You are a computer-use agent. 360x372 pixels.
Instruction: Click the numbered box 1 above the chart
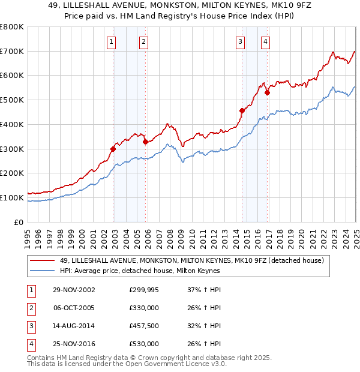click(x=112, y=41)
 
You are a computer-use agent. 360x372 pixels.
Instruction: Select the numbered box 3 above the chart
click(x=240, y=41)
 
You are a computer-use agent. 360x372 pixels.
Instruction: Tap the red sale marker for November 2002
click(x=113, y=148)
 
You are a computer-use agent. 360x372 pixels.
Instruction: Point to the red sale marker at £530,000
click(x=267, y=92)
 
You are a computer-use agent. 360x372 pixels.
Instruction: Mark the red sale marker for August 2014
click(x=242, y=110)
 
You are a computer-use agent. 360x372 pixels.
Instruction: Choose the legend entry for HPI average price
click(x=140, y=271)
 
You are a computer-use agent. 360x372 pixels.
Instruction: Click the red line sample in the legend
click(x=43, y=260)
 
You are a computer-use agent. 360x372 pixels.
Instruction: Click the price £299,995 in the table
click(x=144, y=290)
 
